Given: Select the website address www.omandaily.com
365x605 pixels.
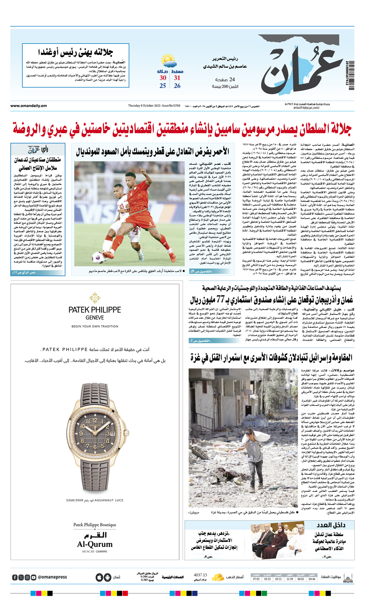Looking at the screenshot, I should click(28, 106).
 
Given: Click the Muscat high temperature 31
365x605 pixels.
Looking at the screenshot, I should click(177, 78).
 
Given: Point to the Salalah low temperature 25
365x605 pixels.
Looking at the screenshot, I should click(163, 86).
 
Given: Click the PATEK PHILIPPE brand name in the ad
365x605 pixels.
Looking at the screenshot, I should click(94, 310).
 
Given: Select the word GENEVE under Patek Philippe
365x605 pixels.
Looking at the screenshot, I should click(94, 318).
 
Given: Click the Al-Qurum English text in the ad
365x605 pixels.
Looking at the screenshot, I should click(94, 544).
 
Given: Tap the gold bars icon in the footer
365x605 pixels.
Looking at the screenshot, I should click(218, 577).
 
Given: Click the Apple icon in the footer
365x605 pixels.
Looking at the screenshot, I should click(99, 577).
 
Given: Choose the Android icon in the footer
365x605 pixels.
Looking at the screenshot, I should click(107, 577).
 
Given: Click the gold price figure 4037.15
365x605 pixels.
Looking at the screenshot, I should click(200, 575).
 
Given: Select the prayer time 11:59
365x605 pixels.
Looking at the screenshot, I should click(290, 579).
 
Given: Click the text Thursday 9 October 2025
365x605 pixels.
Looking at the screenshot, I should click(144, 106).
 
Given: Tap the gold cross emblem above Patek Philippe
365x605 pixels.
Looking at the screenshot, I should click(94, 298).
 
